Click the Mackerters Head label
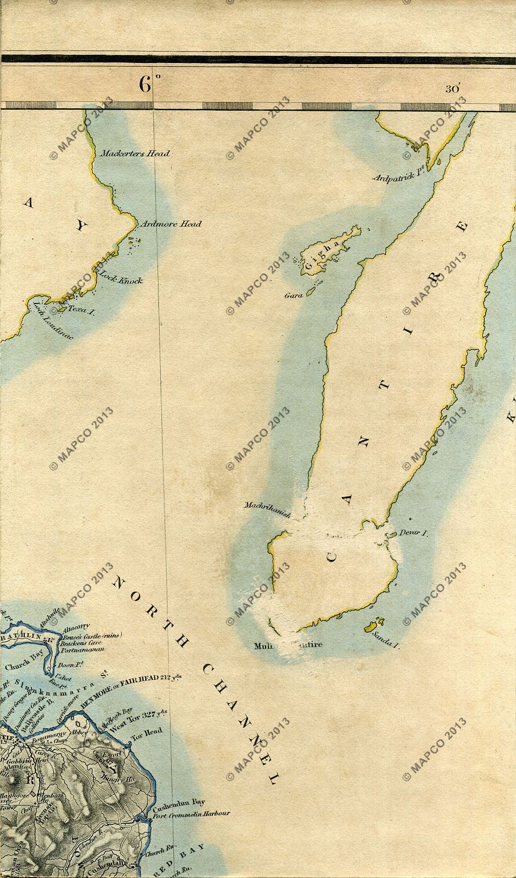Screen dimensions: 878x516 136,154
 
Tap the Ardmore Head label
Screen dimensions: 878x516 171,224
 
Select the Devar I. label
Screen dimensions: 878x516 414,534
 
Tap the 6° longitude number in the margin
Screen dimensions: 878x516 149,85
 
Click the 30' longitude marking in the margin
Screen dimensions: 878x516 452,89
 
